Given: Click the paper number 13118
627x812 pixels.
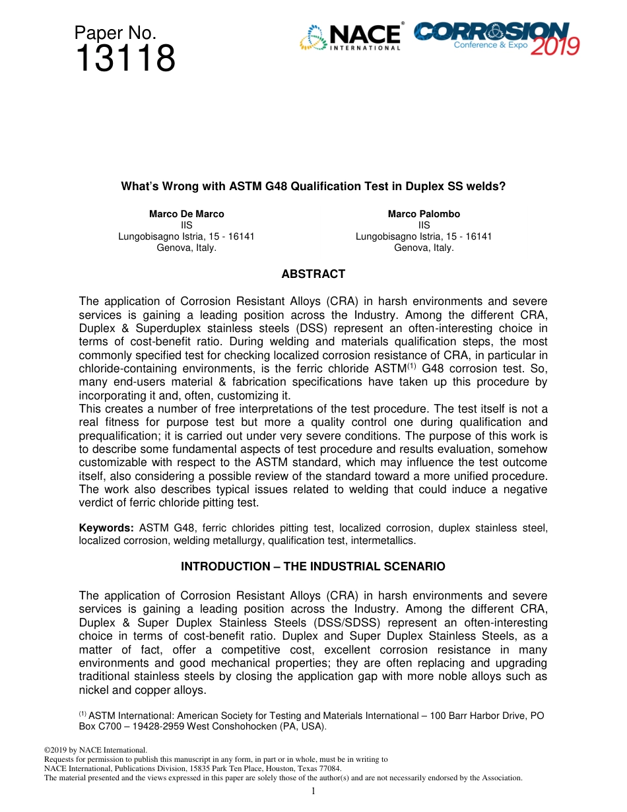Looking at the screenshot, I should pyautogui.click(x=125, y=59).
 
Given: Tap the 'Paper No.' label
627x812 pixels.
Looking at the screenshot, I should pyautogui.click(x=115, y=33).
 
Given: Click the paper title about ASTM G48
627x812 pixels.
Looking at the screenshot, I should pyautogui.click(x=313, y=186).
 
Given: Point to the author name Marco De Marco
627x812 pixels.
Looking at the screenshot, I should pyautogui.click(x=186, y=214).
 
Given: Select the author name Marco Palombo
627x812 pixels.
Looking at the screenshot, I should pyautogui.click(x=424, y=214).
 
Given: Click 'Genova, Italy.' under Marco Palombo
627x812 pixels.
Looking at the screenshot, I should pyautogui.click(x=424, y=248).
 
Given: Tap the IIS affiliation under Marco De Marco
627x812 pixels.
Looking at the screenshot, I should pyautogui.click(x=186, y=225).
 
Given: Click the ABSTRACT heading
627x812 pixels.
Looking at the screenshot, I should pyautogui.click(x=313, y=274).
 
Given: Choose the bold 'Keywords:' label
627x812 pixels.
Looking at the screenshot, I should pyautogui.click(x=106, y=527).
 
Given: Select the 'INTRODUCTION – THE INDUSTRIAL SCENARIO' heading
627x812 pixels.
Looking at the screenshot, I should pyautogui.click(x=313, y=566).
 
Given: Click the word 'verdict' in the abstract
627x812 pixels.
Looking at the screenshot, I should pyautogui.click(x=95, y=502).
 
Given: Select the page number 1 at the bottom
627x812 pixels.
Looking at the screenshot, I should pyautogui.click(x=313, y=791).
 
